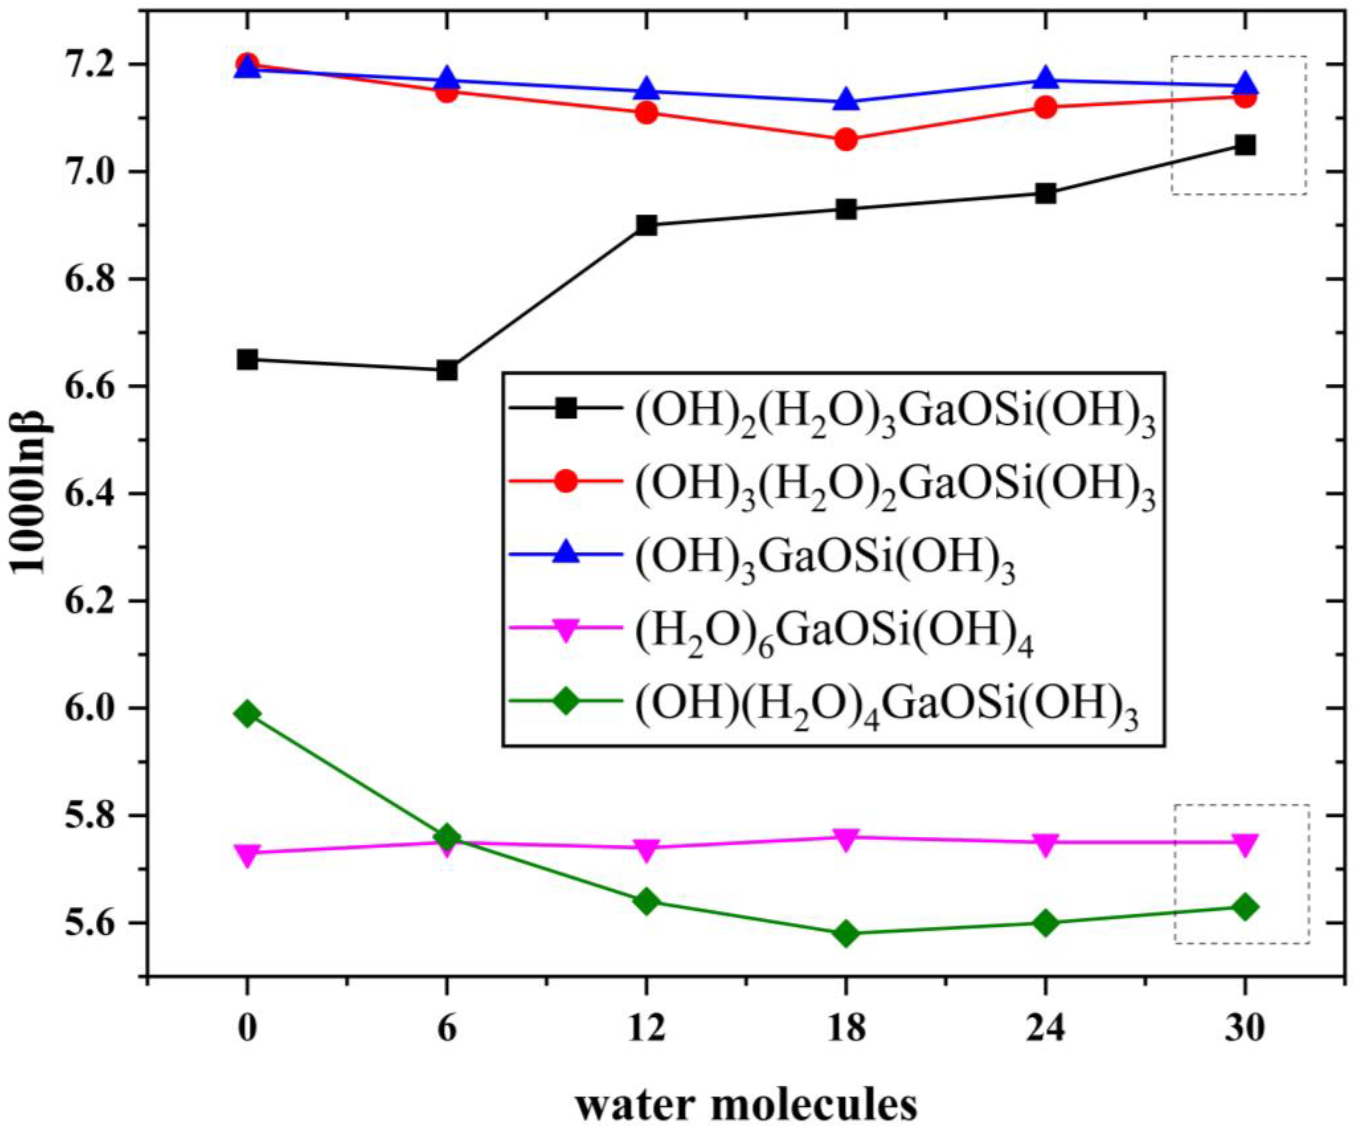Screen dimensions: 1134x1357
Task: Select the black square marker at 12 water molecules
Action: pyautogui.click(x=646, y=226)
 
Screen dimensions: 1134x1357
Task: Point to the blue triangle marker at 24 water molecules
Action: pyautogui.click(x=1045, y=79)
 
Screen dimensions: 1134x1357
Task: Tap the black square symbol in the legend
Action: pyautogui.click(x=566, y=408)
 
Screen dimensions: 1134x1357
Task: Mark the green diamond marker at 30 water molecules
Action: pyautogui.click(x=1245, y=907)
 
